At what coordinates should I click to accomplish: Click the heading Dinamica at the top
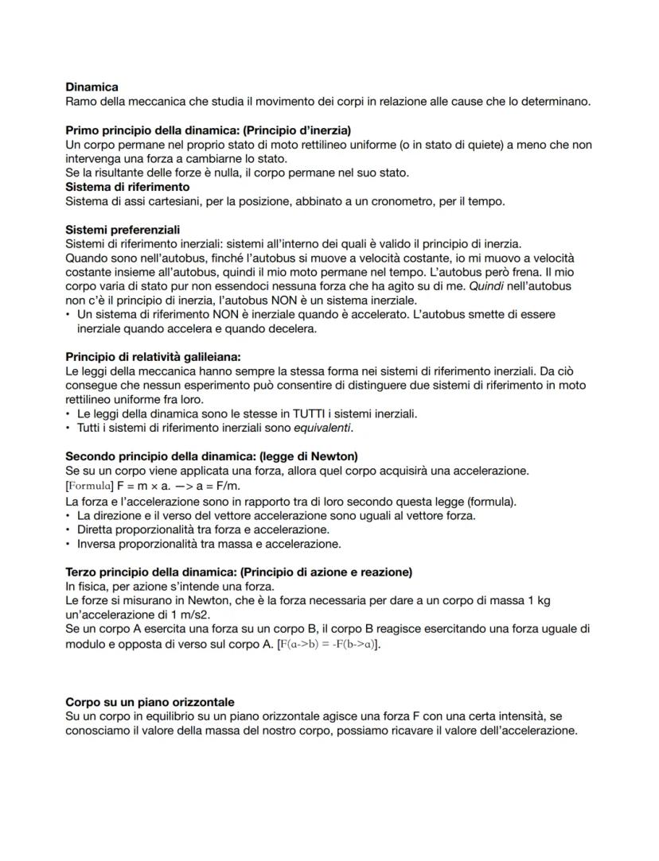pyautogui.click(x=92, y=87)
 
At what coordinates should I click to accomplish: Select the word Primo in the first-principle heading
pyautogui.click(x=81, y=130)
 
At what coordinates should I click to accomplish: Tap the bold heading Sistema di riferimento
pyautogui.click(x=127, y=187)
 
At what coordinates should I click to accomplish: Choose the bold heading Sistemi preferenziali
pyautogui.click(x=123, y=230)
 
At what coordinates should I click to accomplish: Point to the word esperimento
pyautogui.click(x=235, y=386)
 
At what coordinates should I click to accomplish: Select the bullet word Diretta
pyautogui.click(x=96, y=529)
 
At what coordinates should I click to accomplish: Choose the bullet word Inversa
pyautogui.click(x=98, y=544)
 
